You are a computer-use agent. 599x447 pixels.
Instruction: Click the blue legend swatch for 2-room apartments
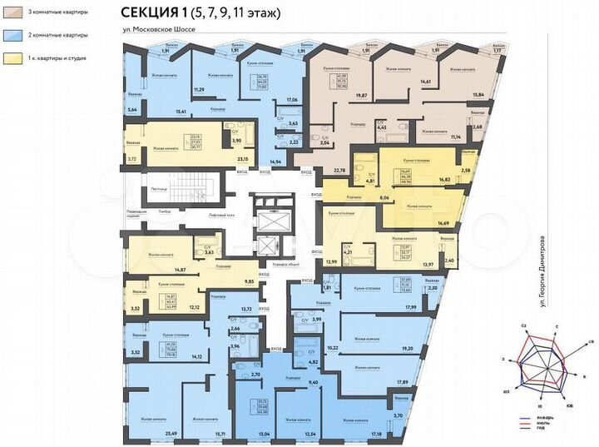pyautogui.click(x=15, y=37)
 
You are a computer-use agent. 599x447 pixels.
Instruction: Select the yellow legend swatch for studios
pyautogui.click(x=15, y=59)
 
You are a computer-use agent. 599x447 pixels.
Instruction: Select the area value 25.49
pyautogui.click(x=171, y=434)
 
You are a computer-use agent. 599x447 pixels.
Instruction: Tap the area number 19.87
pyautogui.click(x=361, y=95)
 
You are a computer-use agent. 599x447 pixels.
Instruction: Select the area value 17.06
pyautogui.click(x=292, y=101)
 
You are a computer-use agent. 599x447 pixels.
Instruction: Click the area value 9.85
pyautogui.click(x=249, y=282)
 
